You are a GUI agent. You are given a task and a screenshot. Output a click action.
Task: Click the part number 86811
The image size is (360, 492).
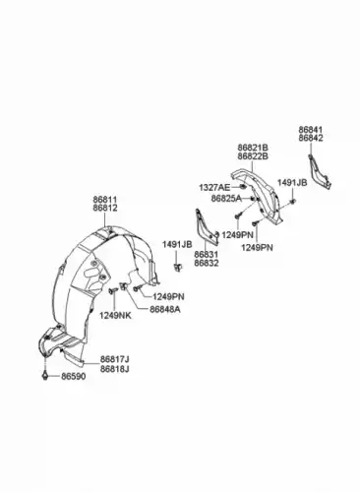(x=105, y=200)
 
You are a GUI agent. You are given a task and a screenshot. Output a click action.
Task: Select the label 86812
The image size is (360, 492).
(x=105, y=208)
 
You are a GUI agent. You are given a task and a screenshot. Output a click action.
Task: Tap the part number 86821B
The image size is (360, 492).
(x=253, y=148)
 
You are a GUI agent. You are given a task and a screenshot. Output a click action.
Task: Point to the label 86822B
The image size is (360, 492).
(x=253, y=156)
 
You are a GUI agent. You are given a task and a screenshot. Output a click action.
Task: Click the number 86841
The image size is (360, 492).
(x=311, y=130)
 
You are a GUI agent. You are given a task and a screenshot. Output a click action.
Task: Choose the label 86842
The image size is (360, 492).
(x=311, y=139)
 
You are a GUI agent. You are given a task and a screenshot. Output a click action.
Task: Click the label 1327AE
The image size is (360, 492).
(x=214, y=188)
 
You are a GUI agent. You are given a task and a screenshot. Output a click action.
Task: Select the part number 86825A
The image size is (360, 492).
(x=226, y=199)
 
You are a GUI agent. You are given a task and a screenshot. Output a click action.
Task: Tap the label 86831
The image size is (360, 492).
(x=207, y=255)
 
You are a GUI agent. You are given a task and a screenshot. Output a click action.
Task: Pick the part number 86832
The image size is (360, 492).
(x=207, y=263)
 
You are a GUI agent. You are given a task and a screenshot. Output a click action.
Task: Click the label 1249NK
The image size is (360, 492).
(x=115, y=316)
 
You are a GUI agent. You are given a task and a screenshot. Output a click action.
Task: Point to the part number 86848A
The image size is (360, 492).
(x=165, y=309)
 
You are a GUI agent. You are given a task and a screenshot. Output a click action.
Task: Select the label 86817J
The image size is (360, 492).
(x=114, y=360)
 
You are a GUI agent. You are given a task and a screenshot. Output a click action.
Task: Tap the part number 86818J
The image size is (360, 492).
(x=114, y=369)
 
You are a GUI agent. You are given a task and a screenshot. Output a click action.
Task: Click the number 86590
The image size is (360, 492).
(x=74, y=377)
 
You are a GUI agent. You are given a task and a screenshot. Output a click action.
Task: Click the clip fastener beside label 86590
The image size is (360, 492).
(x=45, y=376)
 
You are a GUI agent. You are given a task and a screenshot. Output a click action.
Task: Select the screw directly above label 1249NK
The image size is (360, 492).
(x=113, y=290)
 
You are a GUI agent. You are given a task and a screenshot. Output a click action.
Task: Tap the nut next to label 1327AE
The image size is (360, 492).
(x=243, y=187)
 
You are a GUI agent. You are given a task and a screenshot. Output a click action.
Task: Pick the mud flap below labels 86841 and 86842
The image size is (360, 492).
(x=320, y=171)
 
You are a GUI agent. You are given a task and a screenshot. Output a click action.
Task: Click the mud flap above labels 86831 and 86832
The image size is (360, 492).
(x=206, y=228)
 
